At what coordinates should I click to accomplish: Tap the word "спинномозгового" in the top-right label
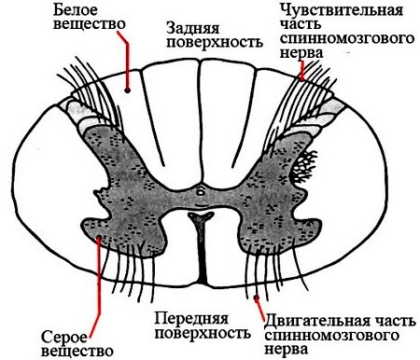pyautogui.click(x=344, y=40)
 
